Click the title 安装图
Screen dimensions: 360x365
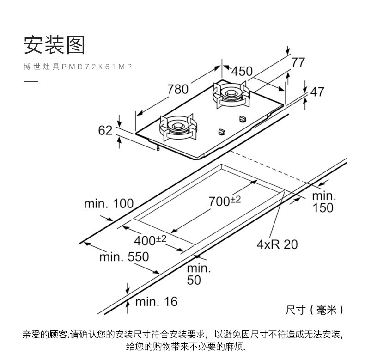click(x=55, y=45)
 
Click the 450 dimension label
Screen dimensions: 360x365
click(x=242, y=71)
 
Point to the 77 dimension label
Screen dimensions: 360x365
click(x=298, y=62)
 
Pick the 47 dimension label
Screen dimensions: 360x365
click(x=317, y=92)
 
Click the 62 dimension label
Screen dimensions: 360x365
click(x=105, y=130)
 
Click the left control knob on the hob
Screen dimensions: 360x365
click(x=221, y=131)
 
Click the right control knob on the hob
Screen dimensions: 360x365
click(x=242, y=119)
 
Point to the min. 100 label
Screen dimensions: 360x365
click(x=109, y=203)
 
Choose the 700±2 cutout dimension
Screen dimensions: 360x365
click(x=225, y=201)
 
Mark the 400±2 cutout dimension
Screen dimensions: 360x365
click(x=150, y=240)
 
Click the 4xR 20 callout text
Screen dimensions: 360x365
click(x=277, y=244)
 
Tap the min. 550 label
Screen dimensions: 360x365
click(x=124, y=256)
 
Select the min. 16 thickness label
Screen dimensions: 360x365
click(x=156, y=302)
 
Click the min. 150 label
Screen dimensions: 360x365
click(x=323, y=202)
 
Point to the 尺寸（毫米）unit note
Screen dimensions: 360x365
click(x=314, y=310)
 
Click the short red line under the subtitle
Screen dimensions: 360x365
click(x=30, y=82)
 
